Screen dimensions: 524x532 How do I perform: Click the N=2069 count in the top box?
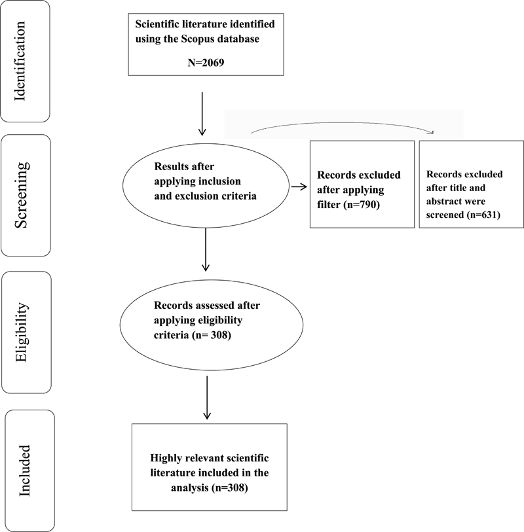pos(206,63)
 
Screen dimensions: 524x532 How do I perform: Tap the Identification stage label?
pos(20,61)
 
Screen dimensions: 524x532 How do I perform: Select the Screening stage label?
pos(21,195)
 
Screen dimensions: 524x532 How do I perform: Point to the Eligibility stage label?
pos(22,332)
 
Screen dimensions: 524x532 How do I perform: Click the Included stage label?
pos(24,470)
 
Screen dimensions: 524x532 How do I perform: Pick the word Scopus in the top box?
pos(198,39)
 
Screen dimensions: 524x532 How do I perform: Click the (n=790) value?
pos(362,205)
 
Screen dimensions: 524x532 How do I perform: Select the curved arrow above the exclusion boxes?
pos(343,123)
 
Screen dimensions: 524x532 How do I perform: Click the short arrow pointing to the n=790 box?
pos(299,186)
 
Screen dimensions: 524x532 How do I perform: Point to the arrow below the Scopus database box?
pos(202,114)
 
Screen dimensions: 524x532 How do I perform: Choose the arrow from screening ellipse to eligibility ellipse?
pos(206,249)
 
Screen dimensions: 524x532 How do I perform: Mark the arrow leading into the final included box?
pos(207,398)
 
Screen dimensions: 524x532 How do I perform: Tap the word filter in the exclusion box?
pos(328,205)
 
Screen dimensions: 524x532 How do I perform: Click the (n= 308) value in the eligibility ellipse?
pos(212,335)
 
